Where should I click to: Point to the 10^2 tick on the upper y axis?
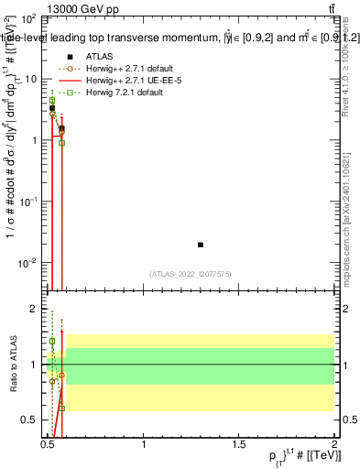tap(28, 18)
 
